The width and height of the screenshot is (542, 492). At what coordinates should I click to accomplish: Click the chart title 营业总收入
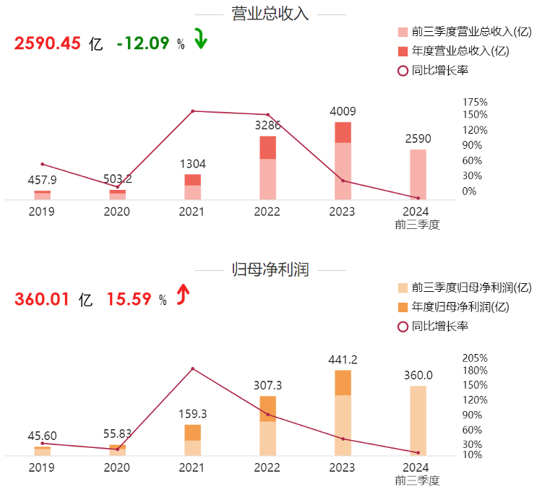pos(270,14)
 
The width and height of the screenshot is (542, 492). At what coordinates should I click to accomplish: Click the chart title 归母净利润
pos(270,270)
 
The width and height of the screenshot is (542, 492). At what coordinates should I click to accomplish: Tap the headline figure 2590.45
pos(47,43)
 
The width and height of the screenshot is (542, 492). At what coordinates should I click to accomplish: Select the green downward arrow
pos(200,40)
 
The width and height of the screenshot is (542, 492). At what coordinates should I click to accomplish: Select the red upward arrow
pos(184,295)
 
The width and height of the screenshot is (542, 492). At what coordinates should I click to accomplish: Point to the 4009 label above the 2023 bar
pos(343,112)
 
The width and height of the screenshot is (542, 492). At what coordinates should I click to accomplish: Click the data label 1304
pos(192,164)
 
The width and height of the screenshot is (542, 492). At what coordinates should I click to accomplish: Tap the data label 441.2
pos(343,360)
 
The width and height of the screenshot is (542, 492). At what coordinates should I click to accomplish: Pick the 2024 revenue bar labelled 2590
pos(418,174)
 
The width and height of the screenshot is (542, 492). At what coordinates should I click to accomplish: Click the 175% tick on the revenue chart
pos(475,103)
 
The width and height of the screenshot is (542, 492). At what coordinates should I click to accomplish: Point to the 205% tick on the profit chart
pos(475,358)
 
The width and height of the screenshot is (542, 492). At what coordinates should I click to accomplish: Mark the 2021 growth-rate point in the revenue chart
pos(192,111)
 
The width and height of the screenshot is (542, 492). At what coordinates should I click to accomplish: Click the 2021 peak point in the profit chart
pos(192,368)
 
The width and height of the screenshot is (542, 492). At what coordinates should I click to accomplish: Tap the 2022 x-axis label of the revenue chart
pos(267,212)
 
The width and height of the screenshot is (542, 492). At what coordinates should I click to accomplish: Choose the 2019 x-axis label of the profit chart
pos(42,467)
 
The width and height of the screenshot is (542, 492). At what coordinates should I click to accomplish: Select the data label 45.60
pos(42,436)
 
